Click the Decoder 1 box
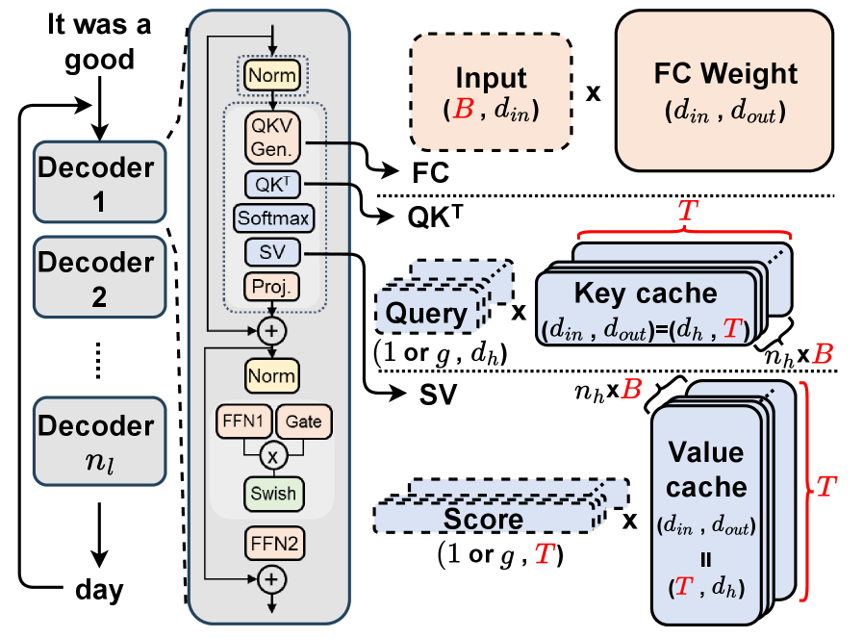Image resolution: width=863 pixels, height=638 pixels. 96,183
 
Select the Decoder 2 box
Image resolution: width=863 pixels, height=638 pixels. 96,277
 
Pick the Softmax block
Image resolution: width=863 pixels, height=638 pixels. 273,218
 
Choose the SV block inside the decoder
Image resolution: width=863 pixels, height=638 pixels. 273,252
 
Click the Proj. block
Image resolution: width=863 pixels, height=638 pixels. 273,286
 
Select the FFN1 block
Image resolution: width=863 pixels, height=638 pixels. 244,421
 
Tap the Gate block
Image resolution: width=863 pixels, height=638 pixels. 301,421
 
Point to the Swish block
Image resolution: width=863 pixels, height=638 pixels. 273,494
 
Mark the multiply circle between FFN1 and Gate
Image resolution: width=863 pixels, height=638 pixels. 273,452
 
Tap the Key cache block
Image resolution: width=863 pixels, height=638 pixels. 645,306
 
